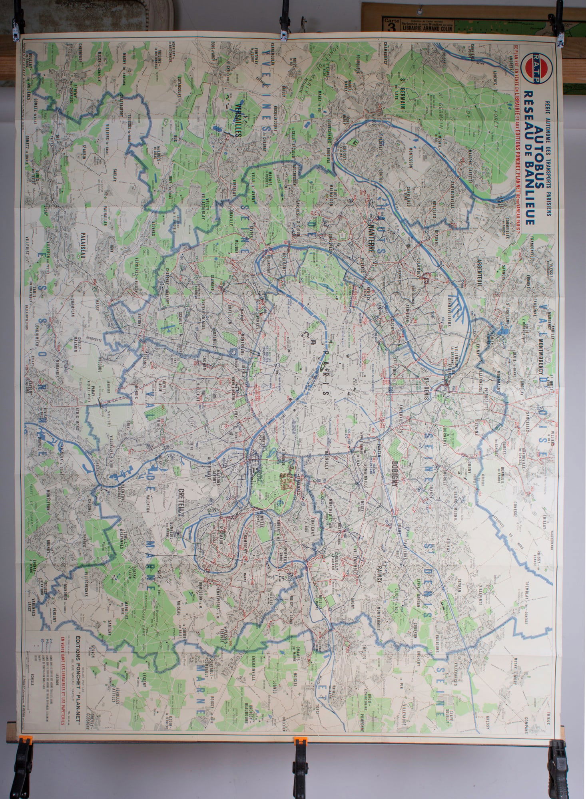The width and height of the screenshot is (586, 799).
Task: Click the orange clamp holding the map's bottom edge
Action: point(299,748)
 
